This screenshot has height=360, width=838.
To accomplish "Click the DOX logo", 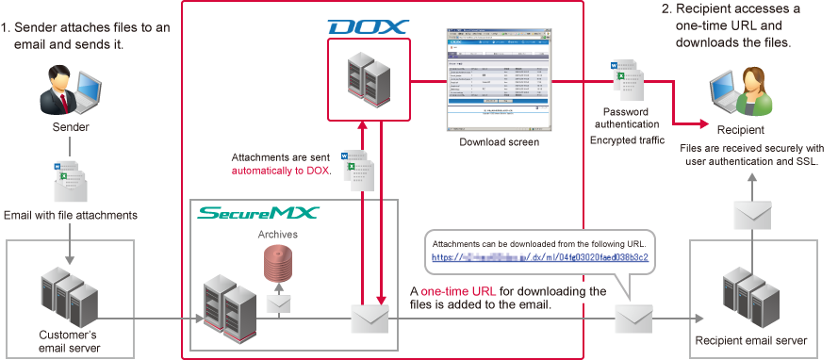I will [368, 26].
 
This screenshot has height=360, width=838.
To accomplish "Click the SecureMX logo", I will [257, 214].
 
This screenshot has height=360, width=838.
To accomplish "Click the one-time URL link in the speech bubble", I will [540, 256].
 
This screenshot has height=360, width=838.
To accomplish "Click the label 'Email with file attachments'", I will [71, 215].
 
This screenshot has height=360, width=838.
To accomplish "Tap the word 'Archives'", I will [280, 233].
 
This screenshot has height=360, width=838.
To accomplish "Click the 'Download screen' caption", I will [499, 142].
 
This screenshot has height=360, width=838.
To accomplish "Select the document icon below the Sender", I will [70, 179].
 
